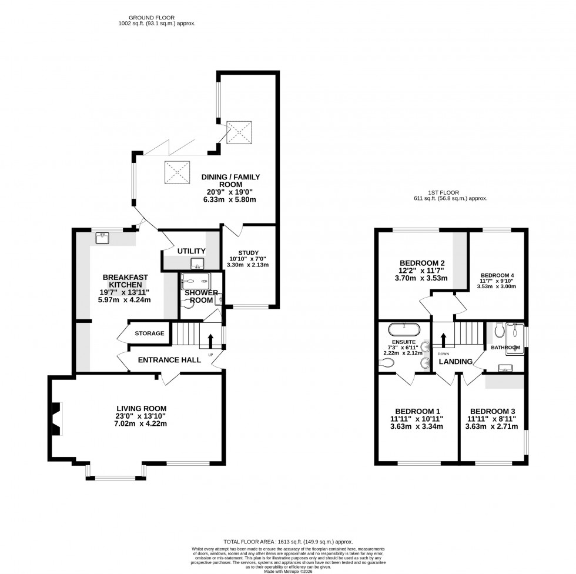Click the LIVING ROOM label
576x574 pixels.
(141, 408)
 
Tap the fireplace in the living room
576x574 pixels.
(55, 419)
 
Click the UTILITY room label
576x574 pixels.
(191, 251)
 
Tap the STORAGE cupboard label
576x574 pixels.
(149, 333)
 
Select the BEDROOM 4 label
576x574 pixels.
(497, 275)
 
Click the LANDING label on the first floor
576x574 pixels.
(456, 362)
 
